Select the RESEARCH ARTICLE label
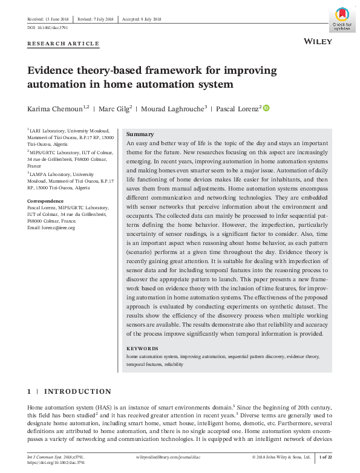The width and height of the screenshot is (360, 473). (x=63, y=45)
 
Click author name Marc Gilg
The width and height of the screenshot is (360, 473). (x=115, y=108)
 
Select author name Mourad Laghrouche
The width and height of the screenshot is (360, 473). (x=174, y=108)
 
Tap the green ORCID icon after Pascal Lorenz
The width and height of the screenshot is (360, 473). (x=266, y=108)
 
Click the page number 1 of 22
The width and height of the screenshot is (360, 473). (x=325, y=457)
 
